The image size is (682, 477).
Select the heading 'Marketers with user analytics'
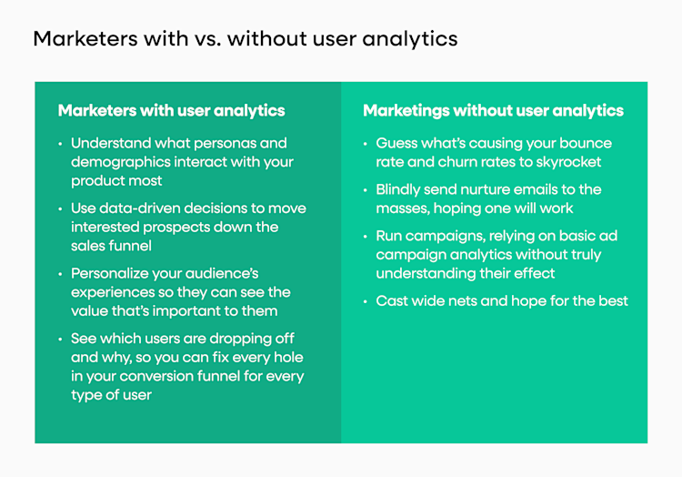[171, 111]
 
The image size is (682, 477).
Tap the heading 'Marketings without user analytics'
[493, 111]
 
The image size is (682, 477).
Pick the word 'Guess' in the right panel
[397, 144]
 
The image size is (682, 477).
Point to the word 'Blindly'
[401, 190]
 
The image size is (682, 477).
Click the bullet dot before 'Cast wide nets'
[366, 301]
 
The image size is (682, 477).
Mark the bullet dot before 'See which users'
[61, 339]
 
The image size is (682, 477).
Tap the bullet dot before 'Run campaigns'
[366, 237]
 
